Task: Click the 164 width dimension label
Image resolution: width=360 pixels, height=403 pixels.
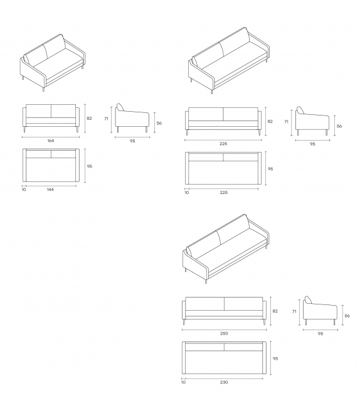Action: pyautogui.click(x=50, y=141)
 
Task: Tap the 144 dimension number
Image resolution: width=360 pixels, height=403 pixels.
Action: pyautogui.click(x=50, y=190)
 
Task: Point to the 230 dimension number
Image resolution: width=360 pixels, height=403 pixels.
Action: pyautogui.click(x=224, y=381)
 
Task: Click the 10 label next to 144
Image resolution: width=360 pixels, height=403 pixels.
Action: pyautogui.click(x=23, y=190)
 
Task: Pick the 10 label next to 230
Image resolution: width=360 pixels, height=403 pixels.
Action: pyautogui.click(x=184, y=381)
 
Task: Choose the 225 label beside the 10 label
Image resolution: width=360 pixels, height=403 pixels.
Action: pyautogui.click(x=223, y=193)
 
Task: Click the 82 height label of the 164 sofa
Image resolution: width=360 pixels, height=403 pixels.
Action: pyautogui.click(x=89, y=118)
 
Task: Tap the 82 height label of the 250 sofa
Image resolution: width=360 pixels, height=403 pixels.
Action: pyautogui.click(x=274, y=310)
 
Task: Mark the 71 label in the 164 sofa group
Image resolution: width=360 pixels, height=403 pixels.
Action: pyautogui.click(x=107, y=118)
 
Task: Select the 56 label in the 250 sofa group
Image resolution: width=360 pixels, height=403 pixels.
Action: pyautogui.click(x=347, y=316)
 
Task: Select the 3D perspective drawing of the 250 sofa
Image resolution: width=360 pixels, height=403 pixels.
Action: pyautogui.click(x=226, y=248)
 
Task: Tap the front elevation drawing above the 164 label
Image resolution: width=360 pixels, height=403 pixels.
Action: pyautogui.click(x=50, y=118)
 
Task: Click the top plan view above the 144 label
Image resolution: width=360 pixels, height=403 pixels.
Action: pyautogui.click(x=50, y=166)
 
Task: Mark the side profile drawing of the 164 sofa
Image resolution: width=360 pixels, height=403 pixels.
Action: pyautogui.click(x=132, y=118)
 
